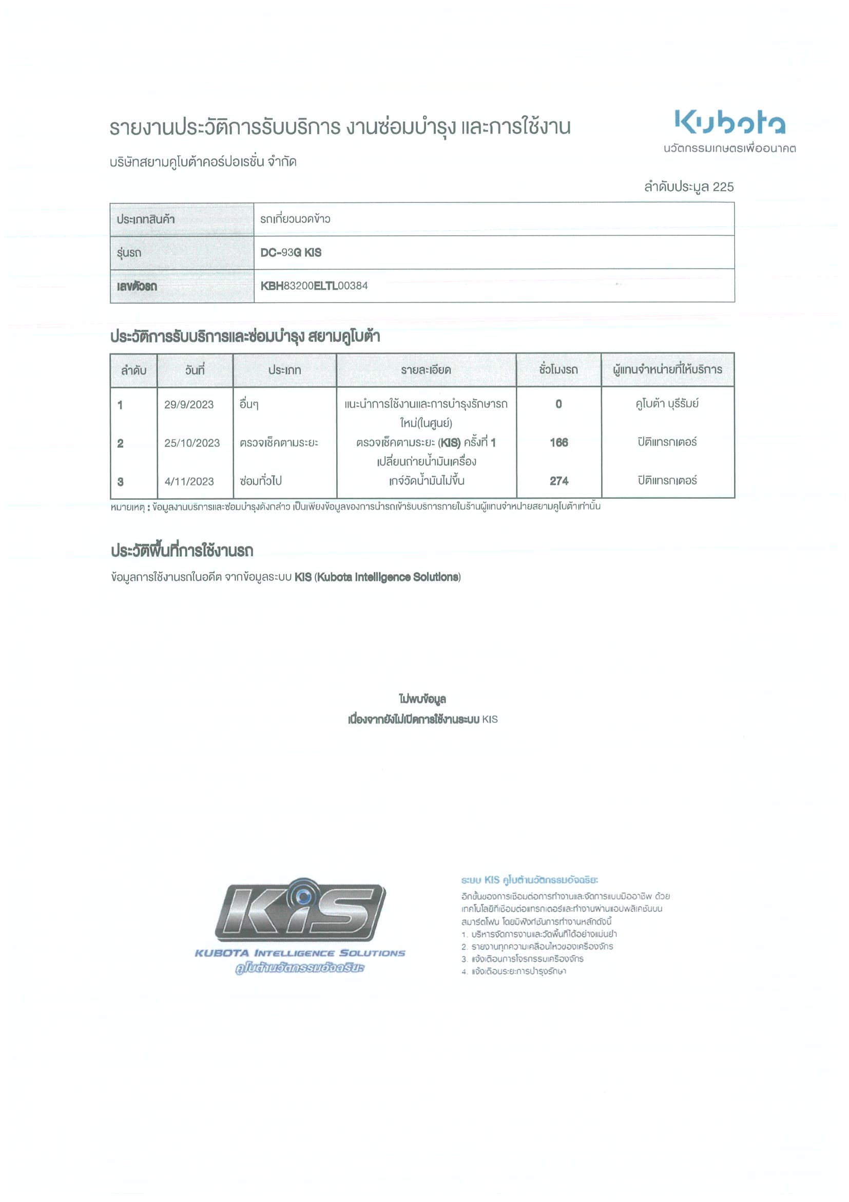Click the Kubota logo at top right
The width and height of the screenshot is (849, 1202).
click(x=730, y=122)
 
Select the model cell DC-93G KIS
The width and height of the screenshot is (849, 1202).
click(x=291, y=252)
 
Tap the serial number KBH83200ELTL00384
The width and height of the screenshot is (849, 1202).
click(x=314, y=286)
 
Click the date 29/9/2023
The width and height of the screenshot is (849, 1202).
click(x=189, y=405)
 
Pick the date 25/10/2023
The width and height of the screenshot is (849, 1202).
click(x=192, y=443)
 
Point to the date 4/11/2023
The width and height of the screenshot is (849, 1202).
click(x=189, y=482)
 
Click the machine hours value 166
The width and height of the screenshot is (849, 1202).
click(x=558, y=443)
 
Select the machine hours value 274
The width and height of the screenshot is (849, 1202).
click(x=558, y=481)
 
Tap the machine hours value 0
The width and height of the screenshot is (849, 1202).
click(x=558, y=404)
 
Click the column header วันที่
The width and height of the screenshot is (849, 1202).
click(x=195, y=370)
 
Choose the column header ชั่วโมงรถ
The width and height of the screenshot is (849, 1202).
click(x=558, y=370)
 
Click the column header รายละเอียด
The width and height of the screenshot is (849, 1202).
click(x=426, y=370)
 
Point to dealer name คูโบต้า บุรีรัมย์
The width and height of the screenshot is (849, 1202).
click(x=667, y=404)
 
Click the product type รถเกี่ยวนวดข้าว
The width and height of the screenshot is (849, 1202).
click(x=295, y=219)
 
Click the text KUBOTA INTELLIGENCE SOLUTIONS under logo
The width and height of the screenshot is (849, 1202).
click(x=300, y=953)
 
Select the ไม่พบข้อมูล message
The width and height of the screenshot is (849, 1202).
click(x=422, y=699)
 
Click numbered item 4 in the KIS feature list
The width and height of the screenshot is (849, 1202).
click(x=514, y=972)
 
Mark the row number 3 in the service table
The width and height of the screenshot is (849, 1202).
click(x=120, y=482)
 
